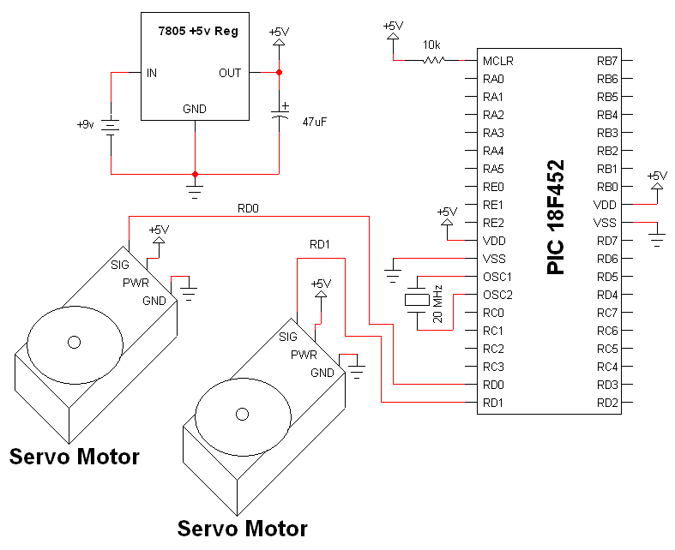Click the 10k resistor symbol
click(x=434, y=60)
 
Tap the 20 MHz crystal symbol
click(x=417, y=300)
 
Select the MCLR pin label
click(x=498, y=61)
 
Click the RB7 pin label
click(x=607, y=61)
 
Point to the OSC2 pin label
click(x=497, y=295)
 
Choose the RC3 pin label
click(x=493, y=367)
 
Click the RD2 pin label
click(x=607, y=403)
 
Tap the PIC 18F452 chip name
click(x=555, y=217)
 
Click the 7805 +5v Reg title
click(x=198, y=32)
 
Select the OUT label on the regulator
click(x=230, y=73)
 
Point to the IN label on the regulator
click(x=152, y=73)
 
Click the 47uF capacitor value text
click(x=314, y=123)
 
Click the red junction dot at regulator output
click(x=279, y=72)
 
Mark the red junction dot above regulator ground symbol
click(x=195, y=174)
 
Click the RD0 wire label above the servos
click(x=248, y=208)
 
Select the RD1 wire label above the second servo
click(x=319, y=245)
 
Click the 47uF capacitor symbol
click(x=280, y=113)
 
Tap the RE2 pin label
click(x=493, y=223)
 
